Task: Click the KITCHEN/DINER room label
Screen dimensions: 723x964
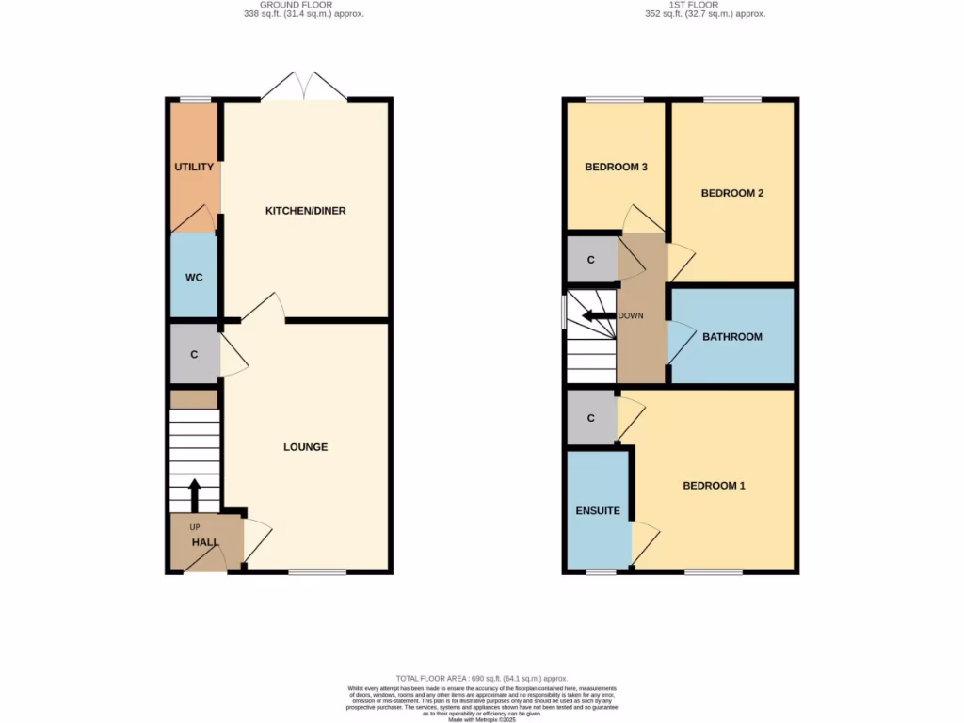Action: pyautogui.click(x=305, y=211)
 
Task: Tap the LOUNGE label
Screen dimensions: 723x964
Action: pyautogui.click(x=305, y=447)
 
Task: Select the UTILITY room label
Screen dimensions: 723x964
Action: pyautogui.click(x=194, y=168)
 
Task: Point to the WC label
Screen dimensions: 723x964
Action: pyautogui.click(x=194, y=278)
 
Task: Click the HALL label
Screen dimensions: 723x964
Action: pyautogui.click(x=204, y=543)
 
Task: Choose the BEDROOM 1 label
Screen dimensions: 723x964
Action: pyautogui.click(x=714, y=486)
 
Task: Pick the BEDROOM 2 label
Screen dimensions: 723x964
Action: pyautogui.click(x=731, y=193)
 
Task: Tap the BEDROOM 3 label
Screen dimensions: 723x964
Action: pyautogui.click(x=616, y=168)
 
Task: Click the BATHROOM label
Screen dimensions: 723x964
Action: pyautogui.click(x=731, y=337)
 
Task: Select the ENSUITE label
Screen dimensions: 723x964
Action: pyautogui.click(x=598, y=511)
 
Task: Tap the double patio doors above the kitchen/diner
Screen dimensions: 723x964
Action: pyautogui.click(x=304, y=88)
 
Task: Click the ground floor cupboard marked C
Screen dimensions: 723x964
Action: pyautogui.click(x=194, y=355)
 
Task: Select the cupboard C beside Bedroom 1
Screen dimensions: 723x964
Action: pyautogui.click(x=590, y=417)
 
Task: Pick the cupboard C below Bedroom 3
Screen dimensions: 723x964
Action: pyautogui.click(x=590, y=260)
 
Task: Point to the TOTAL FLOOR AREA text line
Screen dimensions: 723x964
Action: pyautogui.click(x=481, y=678)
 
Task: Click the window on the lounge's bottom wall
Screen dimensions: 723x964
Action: pyautogui.click(x=317, y=571)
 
